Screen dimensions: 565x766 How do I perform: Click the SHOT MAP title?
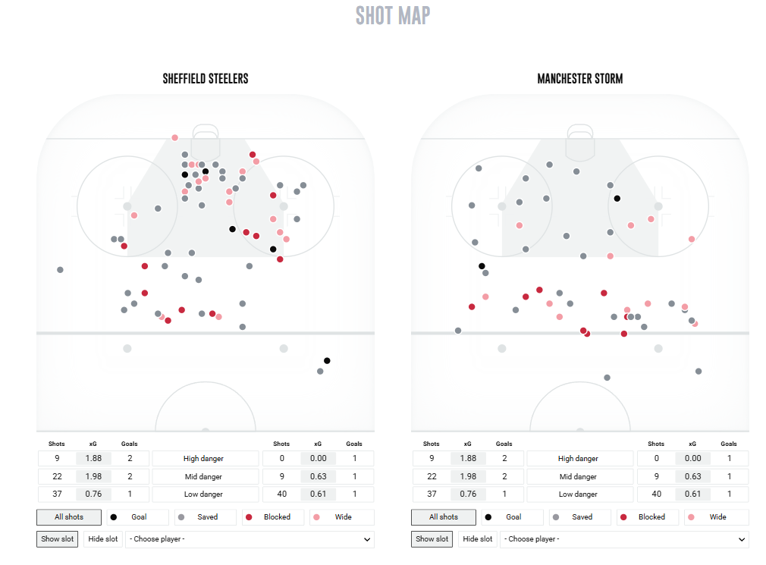point(393,15)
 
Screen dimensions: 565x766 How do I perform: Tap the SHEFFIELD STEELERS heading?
point(206,79)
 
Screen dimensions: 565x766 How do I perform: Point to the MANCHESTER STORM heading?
point(580,79)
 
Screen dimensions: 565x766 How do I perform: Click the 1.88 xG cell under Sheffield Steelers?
point(93,458)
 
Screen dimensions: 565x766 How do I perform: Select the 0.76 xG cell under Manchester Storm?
point(468,494)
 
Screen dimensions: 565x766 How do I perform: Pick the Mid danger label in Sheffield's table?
point(202,476)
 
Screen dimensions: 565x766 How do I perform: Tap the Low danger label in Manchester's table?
point(578,494)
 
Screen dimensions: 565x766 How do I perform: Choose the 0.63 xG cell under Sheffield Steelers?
point(318,476)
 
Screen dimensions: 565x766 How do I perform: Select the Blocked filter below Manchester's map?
point(647,517)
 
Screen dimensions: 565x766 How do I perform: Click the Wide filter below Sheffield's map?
point(338,517)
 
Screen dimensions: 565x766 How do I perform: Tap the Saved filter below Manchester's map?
point(577,517)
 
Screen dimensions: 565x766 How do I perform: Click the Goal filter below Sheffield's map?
point(134,517)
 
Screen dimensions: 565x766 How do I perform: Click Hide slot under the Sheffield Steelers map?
point(103,539)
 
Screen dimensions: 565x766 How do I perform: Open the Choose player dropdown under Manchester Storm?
point(624,539)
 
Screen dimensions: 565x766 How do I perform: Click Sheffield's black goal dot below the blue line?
point(327,360)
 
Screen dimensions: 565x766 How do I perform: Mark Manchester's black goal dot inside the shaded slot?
point(617,199)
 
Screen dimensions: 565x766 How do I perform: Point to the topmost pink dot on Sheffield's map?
point(174,137)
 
